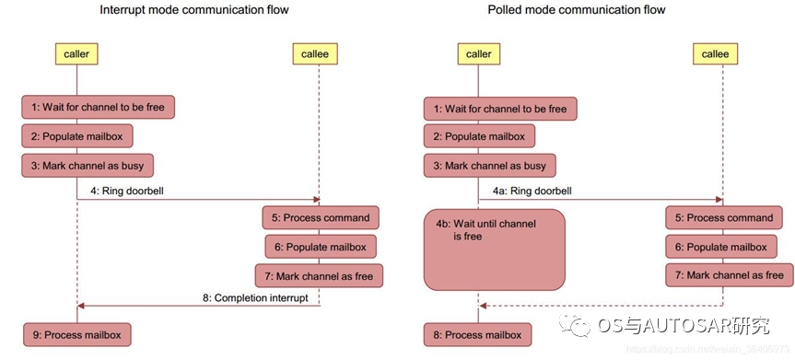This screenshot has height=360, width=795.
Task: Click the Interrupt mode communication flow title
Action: (194, 9)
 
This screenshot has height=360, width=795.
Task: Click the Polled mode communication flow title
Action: (577, 9)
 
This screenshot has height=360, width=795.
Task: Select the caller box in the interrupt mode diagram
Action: (76, 54)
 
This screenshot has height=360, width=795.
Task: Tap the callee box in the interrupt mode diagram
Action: (315, 54)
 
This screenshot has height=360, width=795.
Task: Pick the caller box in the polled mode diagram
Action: (478, 54)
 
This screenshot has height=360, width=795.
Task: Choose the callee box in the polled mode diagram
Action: (715, 54)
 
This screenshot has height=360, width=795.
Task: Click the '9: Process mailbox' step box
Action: (76, 335)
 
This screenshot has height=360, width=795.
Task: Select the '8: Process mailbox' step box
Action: (477, 335)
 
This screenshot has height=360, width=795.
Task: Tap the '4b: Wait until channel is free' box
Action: (495, 250)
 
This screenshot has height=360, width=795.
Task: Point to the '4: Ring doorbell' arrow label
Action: (134, 191)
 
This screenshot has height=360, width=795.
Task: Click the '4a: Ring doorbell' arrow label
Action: (532, 191)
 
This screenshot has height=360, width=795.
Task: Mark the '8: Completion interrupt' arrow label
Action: (255, 297)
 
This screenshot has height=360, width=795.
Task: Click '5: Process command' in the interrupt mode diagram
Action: (321, 218)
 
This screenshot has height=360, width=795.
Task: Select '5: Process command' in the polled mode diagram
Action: (723, 218)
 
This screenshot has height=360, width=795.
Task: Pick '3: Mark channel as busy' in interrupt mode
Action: (87, 166)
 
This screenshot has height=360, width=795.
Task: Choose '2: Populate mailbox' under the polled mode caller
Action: (479, 136)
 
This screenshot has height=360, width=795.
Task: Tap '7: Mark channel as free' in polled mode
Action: (729, 276)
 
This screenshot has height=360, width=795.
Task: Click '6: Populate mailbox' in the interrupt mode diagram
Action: (321, 247)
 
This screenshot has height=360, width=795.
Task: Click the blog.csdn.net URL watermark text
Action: (707, 349)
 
